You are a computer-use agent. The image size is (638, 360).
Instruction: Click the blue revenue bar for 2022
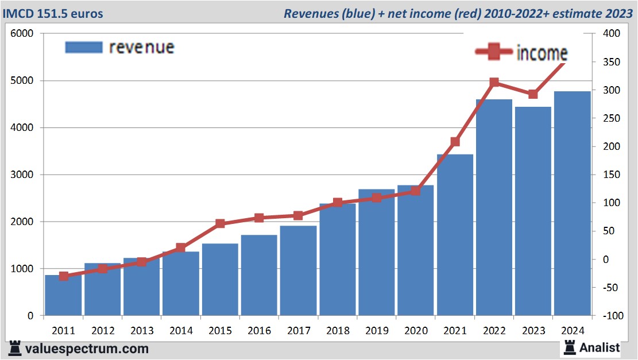coord(494,207)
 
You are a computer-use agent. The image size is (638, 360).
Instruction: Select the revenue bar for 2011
coord(64,295)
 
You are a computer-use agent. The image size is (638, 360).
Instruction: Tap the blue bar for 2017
coord(298,270)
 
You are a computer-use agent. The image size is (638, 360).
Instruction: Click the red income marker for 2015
coord(220,223)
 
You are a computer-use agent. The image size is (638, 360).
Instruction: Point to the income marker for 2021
coord(455,142)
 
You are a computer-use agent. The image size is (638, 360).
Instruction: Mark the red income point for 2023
coord(533,94)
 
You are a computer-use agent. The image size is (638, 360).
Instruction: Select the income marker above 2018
coord(338,203)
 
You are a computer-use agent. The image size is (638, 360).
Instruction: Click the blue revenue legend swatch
coord(84,47)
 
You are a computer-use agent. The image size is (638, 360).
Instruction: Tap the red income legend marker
coord(494,52)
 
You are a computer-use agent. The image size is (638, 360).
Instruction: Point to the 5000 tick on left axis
coord(22,81)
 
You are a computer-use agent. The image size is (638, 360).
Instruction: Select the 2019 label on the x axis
coord(376,331)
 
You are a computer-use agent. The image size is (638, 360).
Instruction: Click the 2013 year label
coord(142,331)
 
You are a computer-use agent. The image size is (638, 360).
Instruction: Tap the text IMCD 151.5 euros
coord(53,13)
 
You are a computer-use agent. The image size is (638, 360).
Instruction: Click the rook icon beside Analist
coord(570,347)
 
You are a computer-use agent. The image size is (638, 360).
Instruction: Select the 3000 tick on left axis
coord(22,175)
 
